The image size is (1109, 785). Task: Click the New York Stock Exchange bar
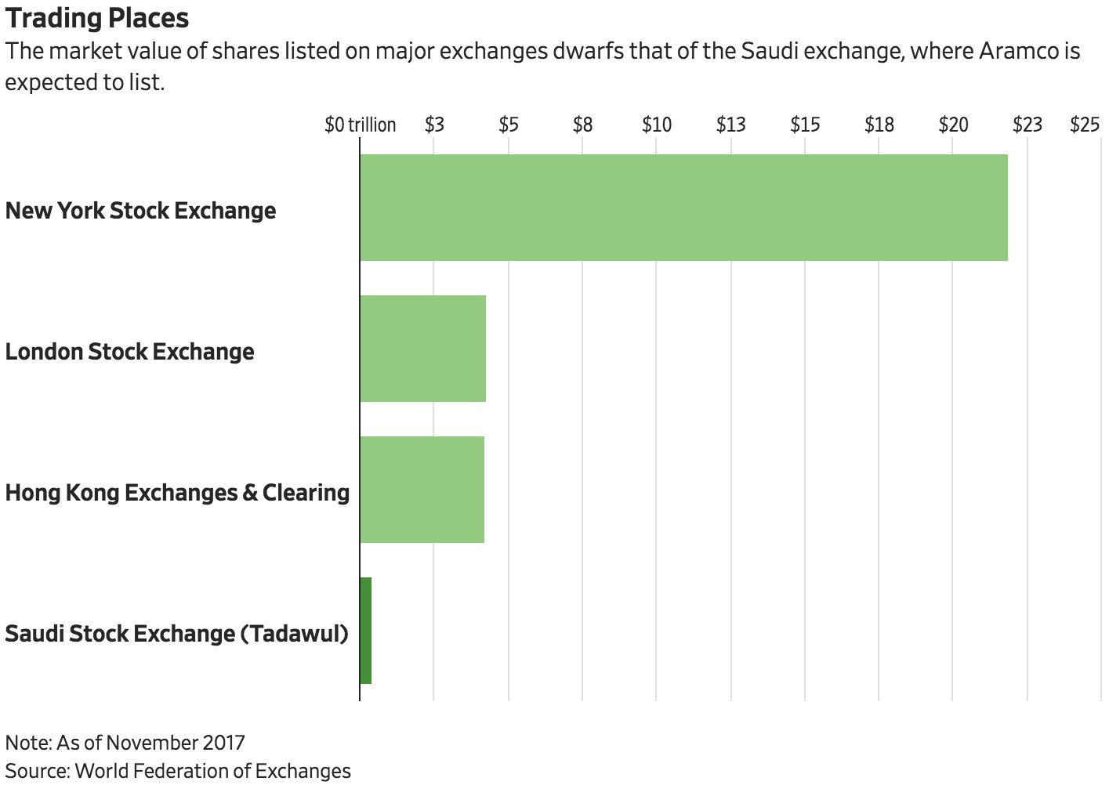pyautogui.click(x=683, y=208)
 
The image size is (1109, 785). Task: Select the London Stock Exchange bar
pyautogui.click(x=423, y=349)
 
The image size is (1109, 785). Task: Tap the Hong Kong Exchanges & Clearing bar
pyautogui.click(x=422, y=490)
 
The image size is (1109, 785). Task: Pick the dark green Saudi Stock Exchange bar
pyautogui.click(x=366, y=631)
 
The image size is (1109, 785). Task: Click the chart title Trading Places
pyautogui.click(x=97, y=18)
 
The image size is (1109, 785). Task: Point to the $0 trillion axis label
pyautogui.click(x=361, y=125)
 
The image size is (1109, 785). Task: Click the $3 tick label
pyautogui.click(x=434, y=125)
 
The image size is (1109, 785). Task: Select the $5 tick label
pyautogui.click(x=509, y=125)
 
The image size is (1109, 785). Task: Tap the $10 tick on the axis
pyautogui.click(x=657, y=125)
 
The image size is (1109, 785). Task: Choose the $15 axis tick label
pyautogui.click(x=805, y=125)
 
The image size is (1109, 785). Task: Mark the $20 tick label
pyautogui.click(x=953, y=125)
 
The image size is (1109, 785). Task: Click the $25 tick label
pyautogui.click(x=1085, y=125)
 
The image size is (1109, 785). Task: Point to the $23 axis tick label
pyautogui.click(x=1027, y=125)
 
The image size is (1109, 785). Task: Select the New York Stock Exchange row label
pyautogui.click(x=141, y=211)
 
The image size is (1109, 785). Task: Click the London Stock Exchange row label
pyautogui.click(x=130, y=352)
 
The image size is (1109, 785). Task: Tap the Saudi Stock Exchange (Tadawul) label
pyautogui.click(x=177, y=634)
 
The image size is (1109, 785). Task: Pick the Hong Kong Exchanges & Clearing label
pyautogui.click(x=178, y=493)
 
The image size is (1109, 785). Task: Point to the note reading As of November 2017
pyautogui.click(x=125, y=743)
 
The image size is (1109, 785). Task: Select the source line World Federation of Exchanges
pyautogui.click(x=178, y=771)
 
